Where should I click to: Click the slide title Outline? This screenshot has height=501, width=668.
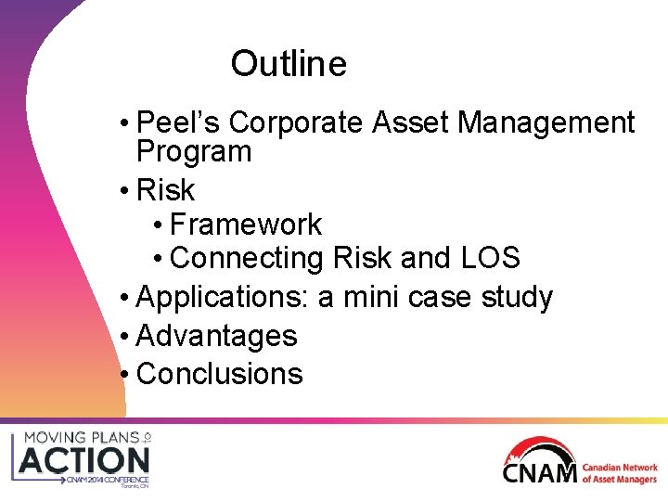coord(289,64)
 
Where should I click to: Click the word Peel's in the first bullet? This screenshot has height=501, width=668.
coord(178,122)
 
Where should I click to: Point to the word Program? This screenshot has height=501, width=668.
coord(194,151)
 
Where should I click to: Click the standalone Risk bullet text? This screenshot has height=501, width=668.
coord(165,190)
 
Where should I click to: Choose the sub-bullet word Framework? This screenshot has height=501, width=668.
coord(246,225)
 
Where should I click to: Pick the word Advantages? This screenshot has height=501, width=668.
coord(216,336)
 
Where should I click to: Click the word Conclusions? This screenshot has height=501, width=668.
coord(219,374)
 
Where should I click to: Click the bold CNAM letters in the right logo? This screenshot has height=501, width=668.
coord(539,472)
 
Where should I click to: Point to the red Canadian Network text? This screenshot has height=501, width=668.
coord(619,468)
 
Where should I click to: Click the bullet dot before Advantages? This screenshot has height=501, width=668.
coord(125,336)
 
